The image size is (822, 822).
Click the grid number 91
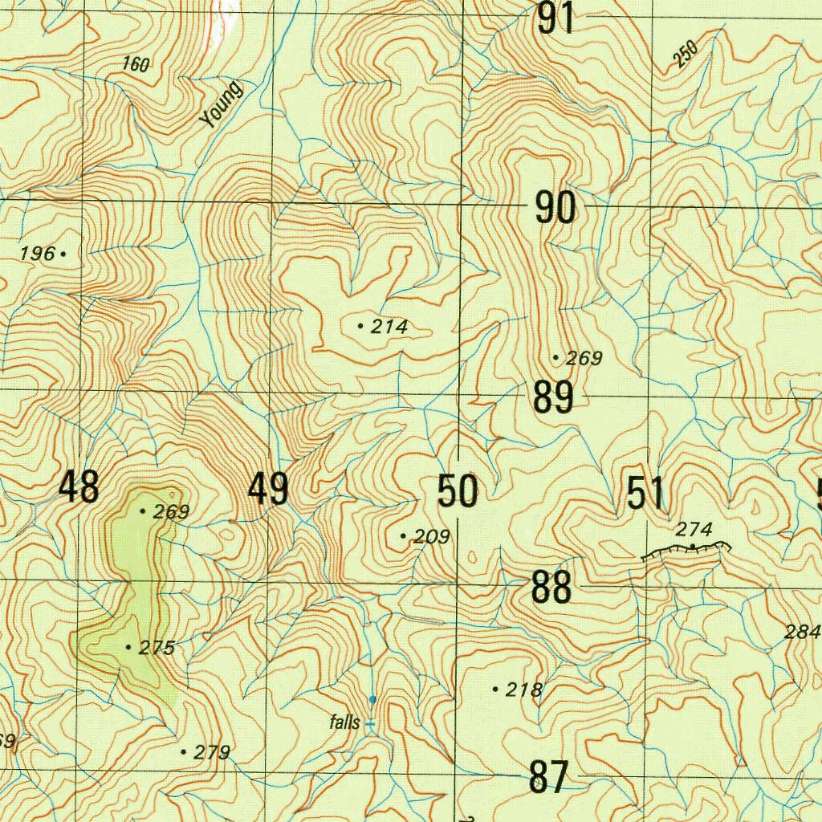(x=556, y=18)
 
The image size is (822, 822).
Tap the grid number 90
(x=555, y=209)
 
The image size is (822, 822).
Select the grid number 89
(x=553, y=397)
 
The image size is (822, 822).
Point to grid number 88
(x=551, y=588)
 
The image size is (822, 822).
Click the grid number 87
(x=550, y=777)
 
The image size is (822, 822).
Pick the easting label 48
(x=79, y=487)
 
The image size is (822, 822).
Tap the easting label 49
(x=268, y=489)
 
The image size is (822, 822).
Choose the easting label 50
(x=458, y=491)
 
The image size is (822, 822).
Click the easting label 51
(x=645, y=493)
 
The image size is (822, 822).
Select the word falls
(x=344, y=722)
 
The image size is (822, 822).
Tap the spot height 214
(x=390, y=327)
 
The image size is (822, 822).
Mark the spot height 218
(x=525, y=690)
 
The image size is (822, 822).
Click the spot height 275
(x=157, y=648)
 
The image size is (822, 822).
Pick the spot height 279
(x=212, y=752)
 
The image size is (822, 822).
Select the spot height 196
(x=38, y=254)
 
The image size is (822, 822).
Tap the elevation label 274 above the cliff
(x=694, y=529)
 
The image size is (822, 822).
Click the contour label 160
(x=136, y=64)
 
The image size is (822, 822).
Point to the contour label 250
(x=686, y=54)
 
